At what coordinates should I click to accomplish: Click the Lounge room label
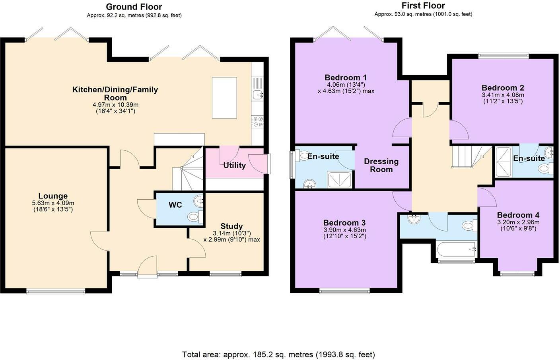53,196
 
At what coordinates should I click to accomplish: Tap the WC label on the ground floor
175,205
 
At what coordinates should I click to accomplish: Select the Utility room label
234,165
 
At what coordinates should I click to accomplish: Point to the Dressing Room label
381,165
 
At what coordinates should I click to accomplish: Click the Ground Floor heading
134,6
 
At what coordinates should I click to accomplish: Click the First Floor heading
423,6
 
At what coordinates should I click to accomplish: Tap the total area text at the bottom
278,354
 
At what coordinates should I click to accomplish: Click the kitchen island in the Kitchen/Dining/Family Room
224,97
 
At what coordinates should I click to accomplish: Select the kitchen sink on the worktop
257,89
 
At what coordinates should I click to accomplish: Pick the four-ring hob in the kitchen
257,121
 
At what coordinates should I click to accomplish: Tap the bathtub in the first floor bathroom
456,249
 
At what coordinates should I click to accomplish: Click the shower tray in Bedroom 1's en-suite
339,179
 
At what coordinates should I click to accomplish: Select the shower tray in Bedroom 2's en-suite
504,162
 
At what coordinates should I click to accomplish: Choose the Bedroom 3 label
344,222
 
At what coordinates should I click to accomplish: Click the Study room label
231,226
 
